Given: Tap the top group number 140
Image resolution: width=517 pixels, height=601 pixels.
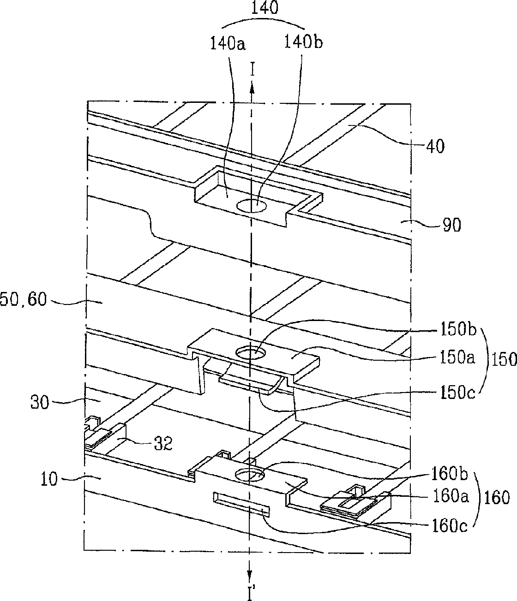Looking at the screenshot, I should (x=265, y=9).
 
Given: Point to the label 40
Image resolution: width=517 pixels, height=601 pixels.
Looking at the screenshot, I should (x=434, y=147).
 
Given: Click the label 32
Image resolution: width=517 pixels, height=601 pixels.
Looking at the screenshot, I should (x=162, y=444).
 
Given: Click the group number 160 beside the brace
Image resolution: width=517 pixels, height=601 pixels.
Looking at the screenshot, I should (x=497, y=498).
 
